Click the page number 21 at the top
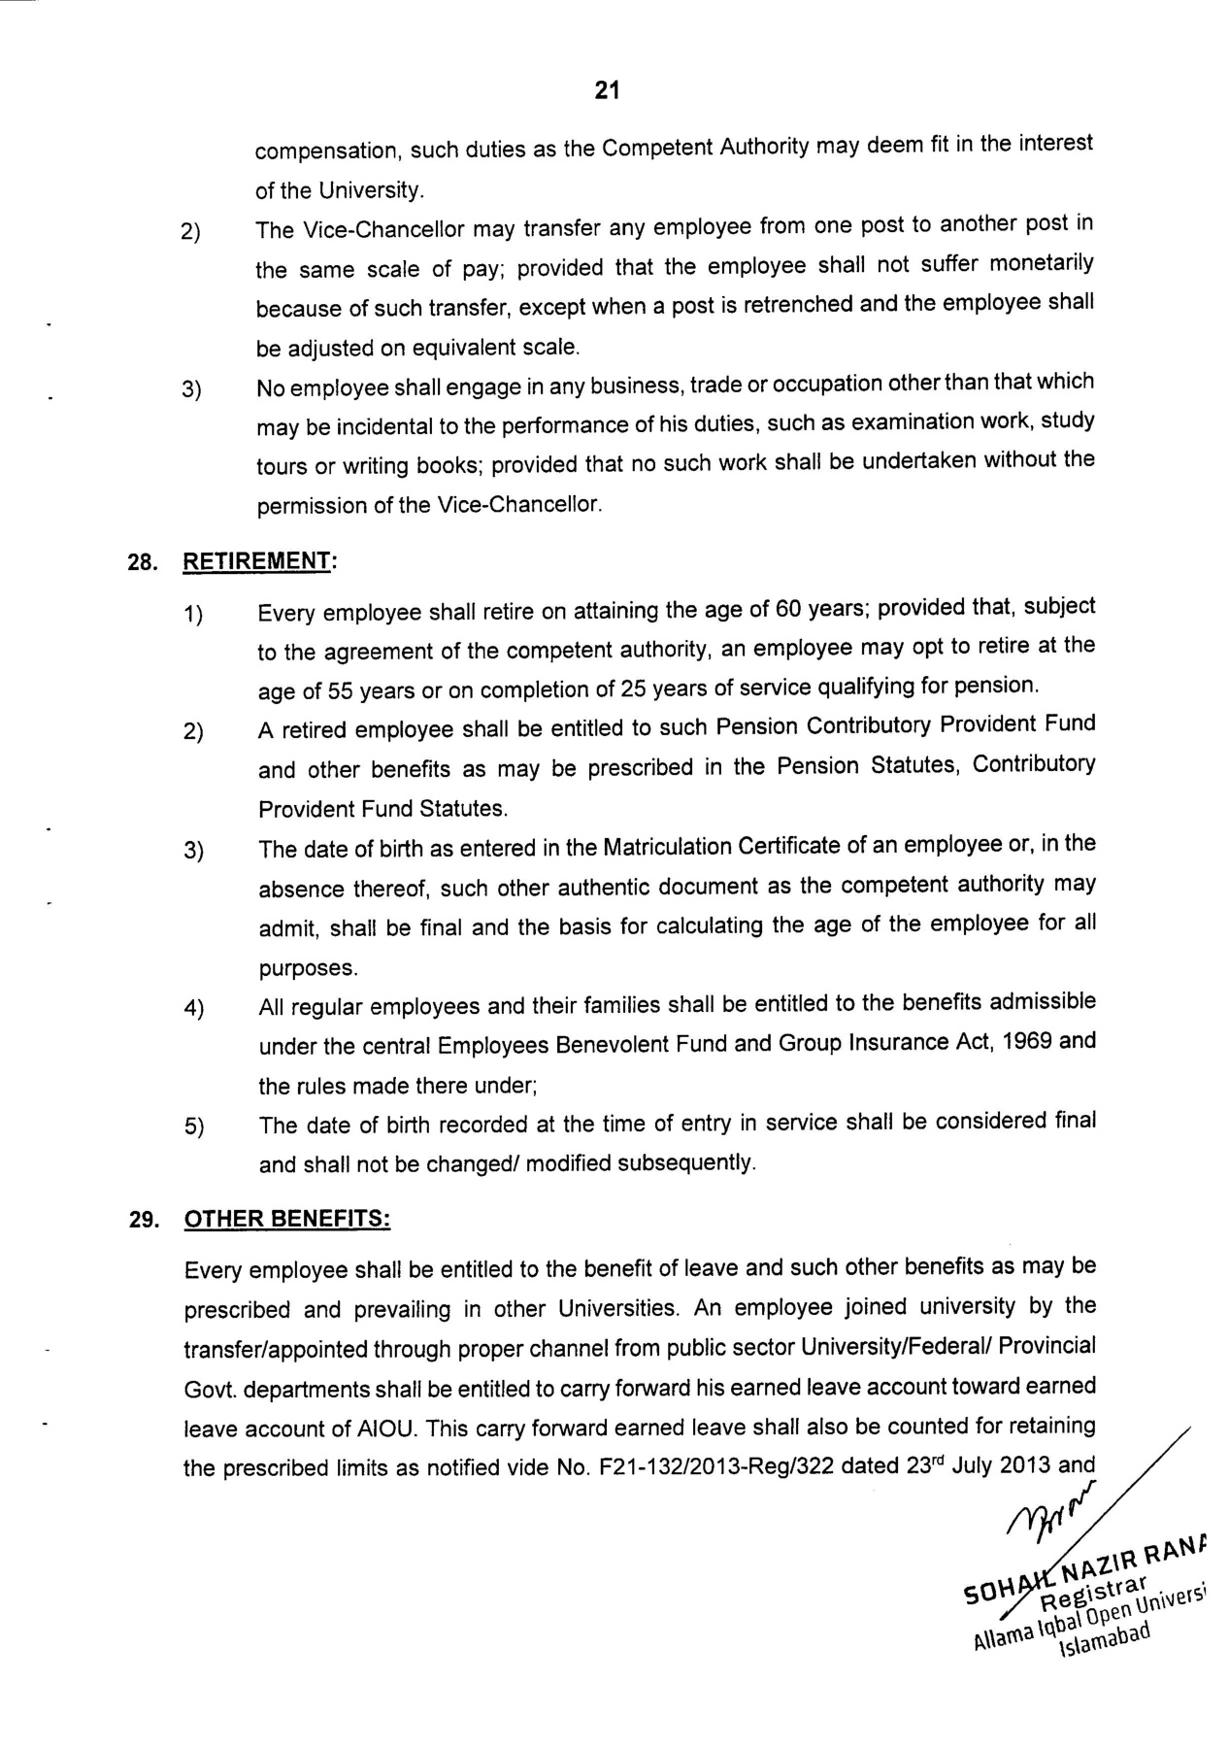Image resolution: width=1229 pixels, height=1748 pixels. (607, 91)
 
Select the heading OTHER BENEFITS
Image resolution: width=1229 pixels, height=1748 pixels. (287, 1219)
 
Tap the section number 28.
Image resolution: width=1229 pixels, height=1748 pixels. (143, 563)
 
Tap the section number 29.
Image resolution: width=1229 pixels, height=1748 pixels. (143, 1220)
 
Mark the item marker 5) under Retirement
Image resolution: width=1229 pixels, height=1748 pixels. (193, 1127)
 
